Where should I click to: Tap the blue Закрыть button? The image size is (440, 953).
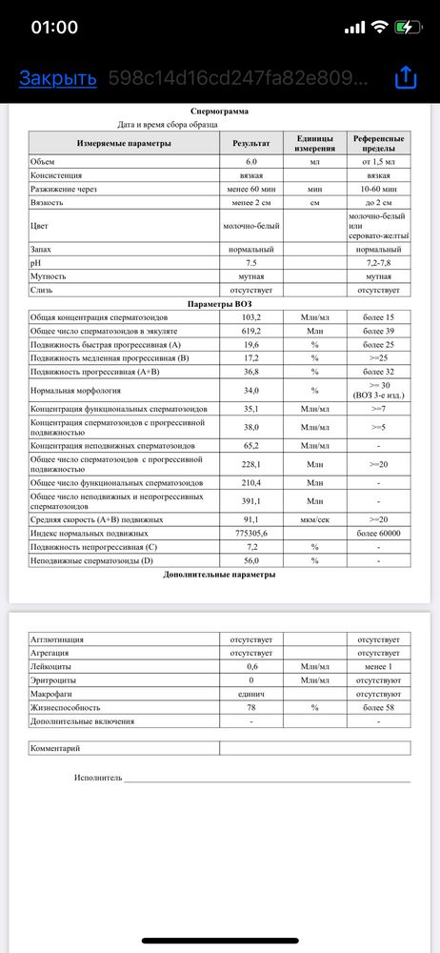tap(58, 78)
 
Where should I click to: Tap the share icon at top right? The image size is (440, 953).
tap(405, 77)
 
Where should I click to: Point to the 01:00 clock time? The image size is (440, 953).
tap(55, 27)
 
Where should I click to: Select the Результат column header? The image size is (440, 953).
tap(251, 143)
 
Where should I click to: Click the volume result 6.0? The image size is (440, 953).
tap(251, 162)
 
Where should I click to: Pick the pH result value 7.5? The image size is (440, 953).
tap(251, 261)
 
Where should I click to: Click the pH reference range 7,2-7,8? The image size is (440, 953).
tap(378, 261)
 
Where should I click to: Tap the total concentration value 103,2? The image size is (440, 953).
tap(251, 316)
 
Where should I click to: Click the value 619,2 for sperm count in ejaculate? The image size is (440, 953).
tap(251, 330)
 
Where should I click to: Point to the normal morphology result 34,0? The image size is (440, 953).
tap(251, 390)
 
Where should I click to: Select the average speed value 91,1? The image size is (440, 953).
tap(251, 520)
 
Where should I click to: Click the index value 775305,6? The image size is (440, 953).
tap(251, 534)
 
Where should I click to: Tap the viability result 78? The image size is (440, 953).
tap(251, 708)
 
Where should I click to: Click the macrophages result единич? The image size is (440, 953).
tap(251, 695)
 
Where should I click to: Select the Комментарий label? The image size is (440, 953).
tap(55, 749)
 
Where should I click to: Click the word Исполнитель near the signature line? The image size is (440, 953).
tap(98, 778)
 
